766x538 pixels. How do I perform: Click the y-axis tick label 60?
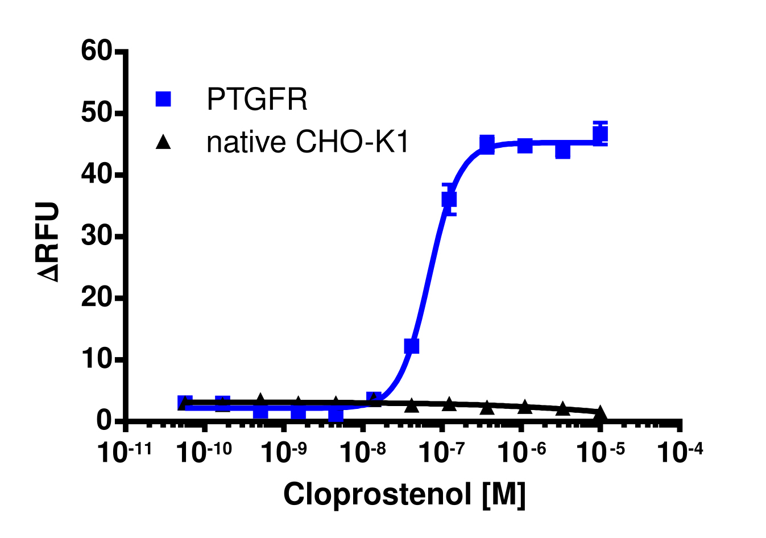97,52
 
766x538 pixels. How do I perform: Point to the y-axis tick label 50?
97,113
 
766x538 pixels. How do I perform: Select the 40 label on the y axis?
97,175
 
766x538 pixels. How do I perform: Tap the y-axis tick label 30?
97,236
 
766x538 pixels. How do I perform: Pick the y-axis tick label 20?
97,297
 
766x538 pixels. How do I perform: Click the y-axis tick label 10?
97,359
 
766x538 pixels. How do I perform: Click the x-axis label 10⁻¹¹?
125,452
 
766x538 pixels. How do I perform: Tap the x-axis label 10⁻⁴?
680,452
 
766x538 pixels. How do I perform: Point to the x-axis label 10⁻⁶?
520,452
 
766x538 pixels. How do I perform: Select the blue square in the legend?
163,99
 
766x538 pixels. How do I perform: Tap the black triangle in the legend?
163,142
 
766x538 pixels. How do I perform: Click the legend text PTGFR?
257,100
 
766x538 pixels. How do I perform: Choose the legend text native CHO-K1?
308,142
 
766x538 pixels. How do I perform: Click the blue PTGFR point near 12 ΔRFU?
411,346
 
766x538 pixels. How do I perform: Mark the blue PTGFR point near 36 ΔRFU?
449,199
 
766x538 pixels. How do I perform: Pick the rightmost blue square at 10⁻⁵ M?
600,134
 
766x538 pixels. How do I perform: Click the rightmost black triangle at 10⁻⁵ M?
600,413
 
